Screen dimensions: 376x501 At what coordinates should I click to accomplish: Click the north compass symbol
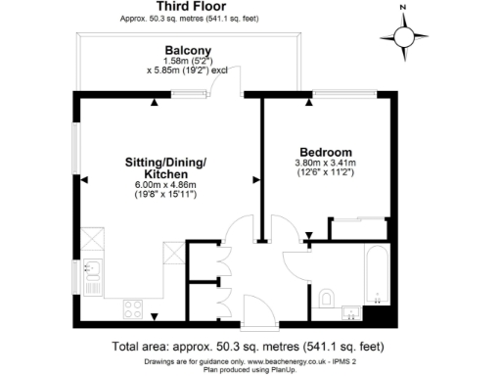tap(405, 37)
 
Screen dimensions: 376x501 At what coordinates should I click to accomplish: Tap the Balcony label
tap(188, 50)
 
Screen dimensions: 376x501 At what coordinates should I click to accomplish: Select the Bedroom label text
tap(325, 152)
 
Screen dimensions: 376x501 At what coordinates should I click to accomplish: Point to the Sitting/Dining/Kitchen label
tap(165, 165)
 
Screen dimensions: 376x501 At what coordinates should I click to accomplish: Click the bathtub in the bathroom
tap(375, 273)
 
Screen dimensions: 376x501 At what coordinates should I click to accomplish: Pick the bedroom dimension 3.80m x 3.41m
tap(325, 163)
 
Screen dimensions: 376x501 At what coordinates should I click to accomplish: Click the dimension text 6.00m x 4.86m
tap(165, 185)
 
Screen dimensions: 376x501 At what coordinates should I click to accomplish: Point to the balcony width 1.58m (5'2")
tap(188, 61)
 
